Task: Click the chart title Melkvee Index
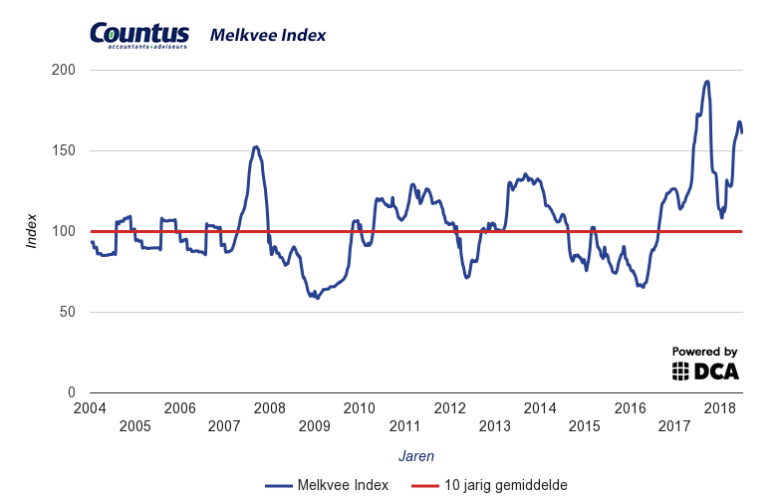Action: (267, 36)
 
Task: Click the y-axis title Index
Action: (32, 231)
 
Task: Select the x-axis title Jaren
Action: (415, 455)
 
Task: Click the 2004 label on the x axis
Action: (90, 408)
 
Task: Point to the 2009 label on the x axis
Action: (315, 426)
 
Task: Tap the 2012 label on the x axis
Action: (450, 408)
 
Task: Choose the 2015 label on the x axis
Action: (585, 426)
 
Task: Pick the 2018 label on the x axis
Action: (720, 408)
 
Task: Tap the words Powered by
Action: (704, 352)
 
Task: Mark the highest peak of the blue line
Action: (706, 82)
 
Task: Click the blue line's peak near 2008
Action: (256, 146)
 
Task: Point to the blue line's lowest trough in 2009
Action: (318, 298)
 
